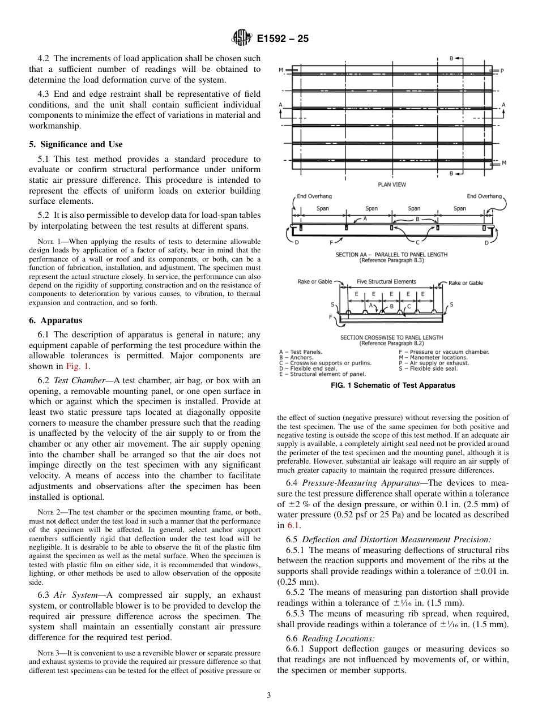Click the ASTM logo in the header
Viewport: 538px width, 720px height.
(x=242, y=39)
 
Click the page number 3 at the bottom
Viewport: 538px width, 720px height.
(x=268, y=696)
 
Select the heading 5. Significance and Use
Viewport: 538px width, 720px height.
(x=76, y=144)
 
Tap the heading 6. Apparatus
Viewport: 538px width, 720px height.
(x=56, y=320)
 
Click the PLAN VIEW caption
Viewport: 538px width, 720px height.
(x=392, y=185)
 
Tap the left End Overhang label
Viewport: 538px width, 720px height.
(x=314, y=196)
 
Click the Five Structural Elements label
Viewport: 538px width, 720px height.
(x=386, y=281)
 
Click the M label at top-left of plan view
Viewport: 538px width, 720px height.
(x=281, y=70)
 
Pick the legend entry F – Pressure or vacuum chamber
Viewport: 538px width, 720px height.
(x=444, y=352)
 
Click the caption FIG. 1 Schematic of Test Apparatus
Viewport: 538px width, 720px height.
(x=392, y=385)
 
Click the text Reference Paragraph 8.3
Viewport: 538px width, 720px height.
(x=391, y=261)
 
